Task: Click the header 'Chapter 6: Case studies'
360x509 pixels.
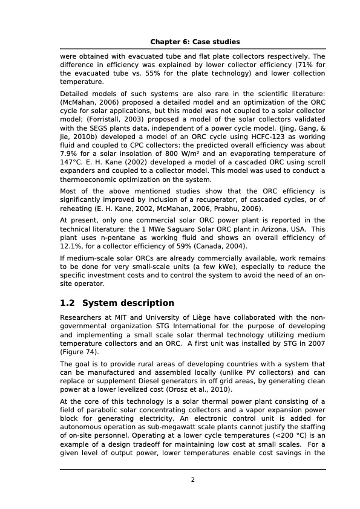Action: point(195,42)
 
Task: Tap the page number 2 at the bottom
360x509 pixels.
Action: point(192,480)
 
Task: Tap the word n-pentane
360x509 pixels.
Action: point(117,238)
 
